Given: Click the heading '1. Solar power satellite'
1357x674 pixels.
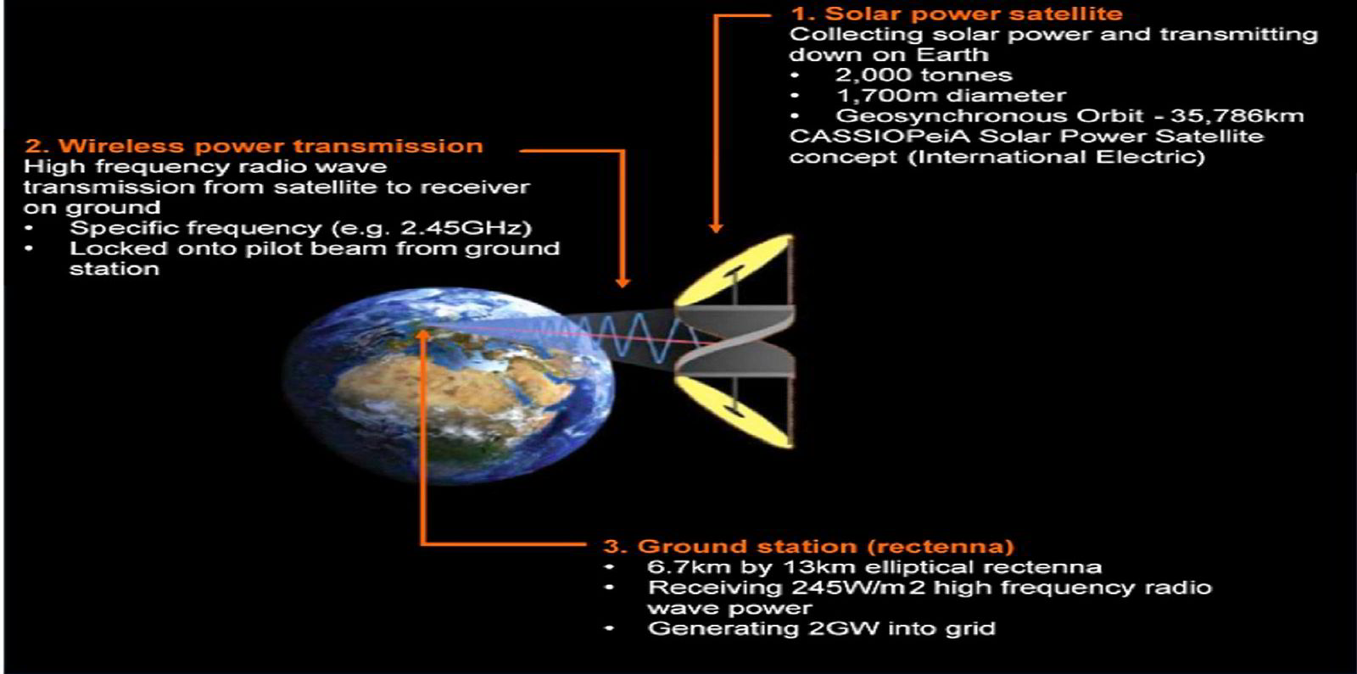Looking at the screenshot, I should pos(957,14).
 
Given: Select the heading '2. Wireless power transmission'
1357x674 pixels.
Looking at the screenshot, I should pos(254,146).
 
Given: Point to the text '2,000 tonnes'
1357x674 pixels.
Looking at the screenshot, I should pos(924,75).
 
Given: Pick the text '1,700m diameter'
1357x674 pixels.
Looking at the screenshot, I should pos(951,96).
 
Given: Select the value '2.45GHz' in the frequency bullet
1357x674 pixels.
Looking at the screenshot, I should pos(478,228).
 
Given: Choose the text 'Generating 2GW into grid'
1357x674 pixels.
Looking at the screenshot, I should pos(821,628).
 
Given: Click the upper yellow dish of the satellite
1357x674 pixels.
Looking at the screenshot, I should pos(736,270).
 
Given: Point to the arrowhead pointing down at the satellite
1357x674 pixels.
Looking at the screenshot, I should pos(716,226).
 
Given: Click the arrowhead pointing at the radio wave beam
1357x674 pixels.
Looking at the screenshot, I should pos(623,282).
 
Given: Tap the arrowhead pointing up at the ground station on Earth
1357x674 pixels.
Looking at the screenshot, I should pos(422,334).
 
